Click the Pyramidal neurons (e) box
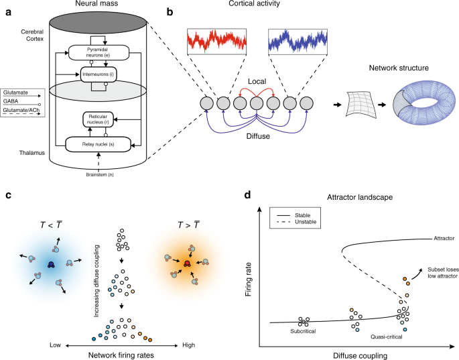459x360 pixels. click(102, 52)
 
